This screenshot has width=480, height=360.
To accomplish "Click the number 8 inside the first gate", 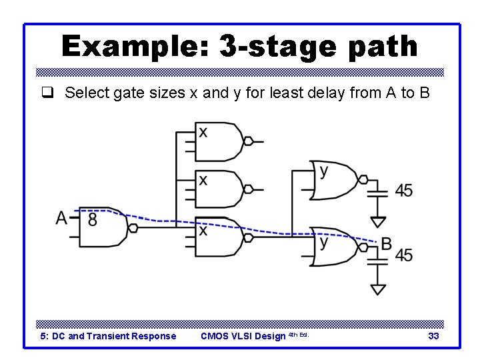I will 92,219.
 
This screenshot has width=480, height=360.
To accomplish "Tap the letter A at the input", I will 62,218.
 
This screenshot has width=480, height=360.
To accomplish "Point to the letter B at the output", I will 386,244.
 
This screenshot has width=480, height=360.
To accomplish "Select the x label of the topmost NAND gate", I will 203,132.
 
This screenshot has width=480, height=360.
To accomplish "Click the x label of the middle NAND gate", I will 203,180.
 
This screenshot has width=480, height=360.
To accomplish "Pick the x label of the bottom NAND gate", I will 203,230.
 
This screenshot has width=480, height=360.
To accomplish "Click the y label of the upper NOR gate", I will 324,171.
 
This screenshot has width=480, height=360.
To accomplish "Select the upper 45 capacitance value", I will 403,191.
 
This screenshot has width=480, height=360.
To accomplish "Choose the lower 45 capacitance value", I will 403,255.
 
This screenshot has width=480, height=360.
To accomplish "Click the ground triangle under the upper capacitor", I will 378,221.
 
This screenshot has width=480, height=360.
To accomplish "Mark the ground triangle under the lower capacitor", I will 378,289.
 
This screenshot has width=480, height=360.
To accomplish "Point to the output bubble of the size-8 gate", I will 133,228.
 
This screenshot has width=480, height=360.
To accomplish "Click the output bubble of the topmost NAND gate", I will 248,141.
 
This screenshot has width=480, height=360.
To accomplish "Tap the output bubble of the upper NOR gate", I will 363,179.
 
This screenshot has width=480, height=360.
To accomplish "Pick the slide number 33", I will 433,336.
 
